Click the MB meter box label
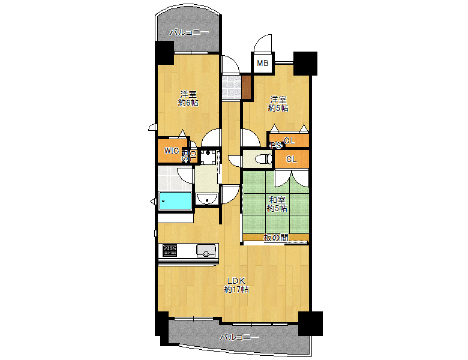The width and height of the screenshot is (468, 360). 263,63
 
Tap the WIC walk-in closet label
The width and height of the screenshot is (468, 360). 172,151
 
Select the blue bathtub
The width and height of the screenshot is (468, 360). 175,201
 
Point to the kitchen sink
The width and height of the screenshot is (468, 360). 206,250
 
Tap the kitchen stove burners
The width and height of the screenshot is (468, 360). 170,250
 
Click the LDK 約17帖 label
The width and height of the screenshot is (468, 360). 236,285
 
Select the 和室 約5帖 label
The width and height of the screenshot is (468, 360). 277,204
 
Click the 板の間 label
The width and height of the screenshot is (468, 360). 276,238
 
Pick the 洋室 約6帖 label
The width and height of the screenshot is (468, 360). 188,98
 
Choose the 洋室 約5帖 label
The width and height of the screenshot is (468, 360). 278,104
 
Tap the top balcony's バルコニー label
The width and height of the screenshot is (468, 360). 189,32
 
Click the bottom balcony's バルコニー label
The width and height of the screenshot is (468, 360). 239,337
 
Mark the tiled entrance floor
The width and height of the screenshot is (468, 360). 232,87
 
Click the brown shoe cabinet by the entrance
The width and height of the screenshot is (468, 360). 245,87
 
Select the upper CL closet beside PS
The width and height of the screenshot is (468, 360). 289,140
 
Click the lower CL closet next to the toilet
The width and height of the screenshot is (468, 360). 292,159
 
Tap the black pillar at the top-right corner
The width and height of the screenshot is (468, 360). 305,63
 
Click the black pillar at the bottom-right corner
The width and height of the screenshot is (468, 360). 311,323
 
